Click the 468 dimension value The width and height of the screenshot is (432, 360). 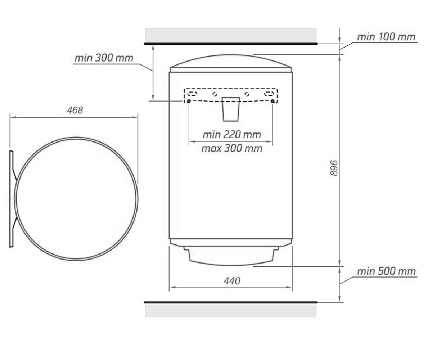tap(75, 110)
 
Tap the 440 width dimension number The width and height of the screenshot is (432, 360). tap(232, 281)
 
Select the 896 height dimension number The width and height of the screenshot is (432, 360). tap(334, 168)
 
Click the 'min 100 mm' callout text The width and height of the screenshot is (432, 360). tap(386, 37)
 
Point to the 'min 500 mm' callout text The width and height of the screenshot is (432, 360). tap(386, 271)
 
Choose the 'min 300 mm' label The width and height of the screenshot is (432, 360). tap(104, 58)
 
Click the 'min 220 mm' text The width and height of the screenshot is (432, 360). tap(232, 135)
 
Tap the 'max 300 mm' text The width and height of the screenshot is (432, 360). tap(232, 148)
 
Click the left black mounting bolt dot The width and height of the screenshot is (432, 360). tap(189, 101)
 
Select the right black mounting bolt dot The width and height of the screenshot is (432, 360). tap(273, 101)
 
